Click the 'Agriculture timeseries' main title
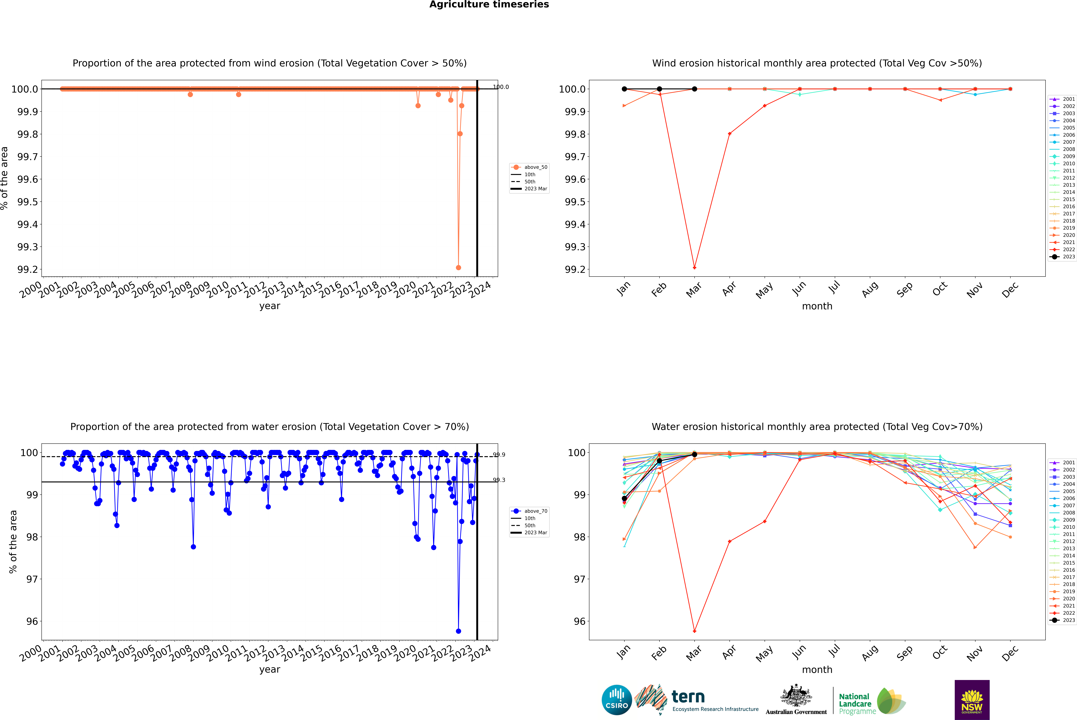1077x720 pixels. (x=489, y=5)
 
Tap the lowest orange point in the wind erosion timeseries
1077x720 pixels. (x=458, y=268)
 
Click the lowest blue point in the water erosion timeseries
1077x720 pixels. (x=458, y=631)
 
